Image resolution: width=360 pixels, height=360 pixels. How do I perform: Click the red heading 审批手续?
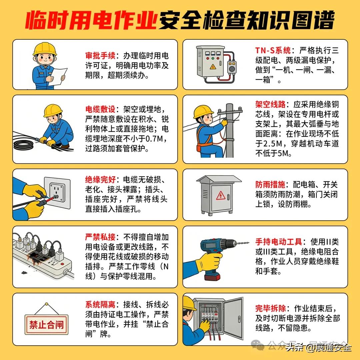tap(100, 56)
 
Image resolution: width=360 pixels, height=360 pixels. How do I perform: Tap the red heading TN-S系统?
tap(273, 50)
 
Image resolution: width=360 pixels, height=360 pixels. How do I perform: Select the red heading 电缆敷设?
tap(100, 109)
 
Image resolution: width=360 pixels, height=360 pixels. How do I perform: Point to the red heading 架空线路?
tap(270, 104)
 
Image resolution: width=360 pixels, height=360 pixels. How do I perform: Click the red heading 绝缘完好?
tap(100, 179)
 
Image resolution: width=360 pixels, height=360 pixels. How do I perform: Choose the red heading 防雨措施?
tap(270, 184)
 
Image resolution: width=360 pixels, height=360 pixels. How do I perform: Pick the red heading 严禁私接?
tap(100, 237)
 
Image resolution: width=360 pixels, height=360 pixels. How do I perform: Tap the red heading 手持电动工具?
tap(279, 242)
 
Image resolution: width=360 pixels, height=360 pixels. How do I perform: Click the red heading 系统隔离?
tap(100, 304)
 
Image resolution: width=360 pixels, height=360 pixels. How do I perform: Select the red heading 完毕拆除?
tap(270, 308)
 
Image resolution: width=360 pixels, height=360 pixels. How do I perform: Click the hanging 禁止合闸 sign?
tap(46, 324)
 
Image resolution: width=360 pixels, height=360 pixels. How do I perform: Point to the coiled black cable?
tap(23, 144)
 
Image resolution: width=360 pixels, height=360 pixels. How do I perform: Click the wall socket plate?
tap(57, 193)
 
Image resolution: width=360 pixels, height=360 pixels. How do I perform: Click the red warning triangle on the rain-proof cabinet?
tap(220, 196)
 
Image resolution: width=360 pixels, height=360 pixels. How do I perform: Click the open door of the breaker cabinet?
tap(233, 318)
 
